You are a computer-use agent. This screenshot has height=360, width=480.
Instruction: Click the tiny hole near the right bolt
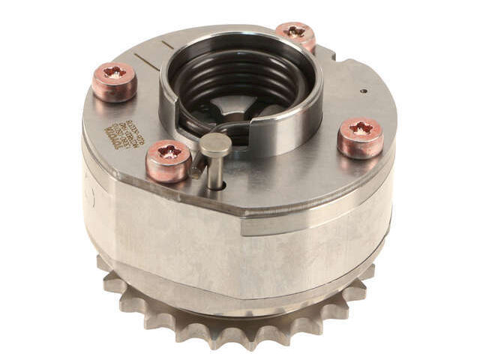pos(363,91)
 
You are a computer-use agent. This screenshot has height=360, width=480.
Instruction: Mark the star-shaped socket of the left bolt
pos(115,73)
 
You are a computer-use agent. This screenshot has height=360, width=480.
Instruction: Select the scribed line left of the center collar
pos(149,63)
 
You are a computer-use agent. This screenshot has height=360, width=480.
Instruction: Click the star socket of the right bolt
pos(361,128)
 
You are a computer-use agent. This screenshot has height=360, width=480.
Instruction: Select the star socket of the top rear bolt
pos(295,31)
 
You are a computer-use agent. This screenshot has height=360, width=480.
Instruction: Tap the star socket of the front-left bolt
pos(169,151)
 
